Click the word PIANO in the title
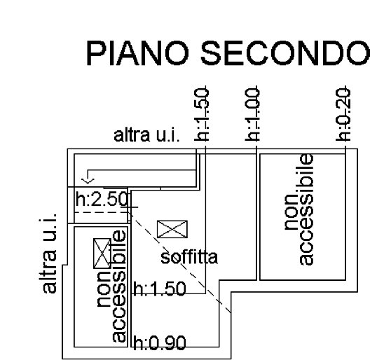pos(137,53)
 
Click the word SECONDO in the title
pos(285,53)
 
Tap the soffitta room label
pos(189,257)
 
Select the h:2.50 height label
pos(102,199)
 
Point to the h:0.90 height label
pos(160,342)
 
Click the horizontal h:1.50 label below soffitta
pos(160,289)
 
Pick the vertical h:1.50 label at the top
pos(202,114)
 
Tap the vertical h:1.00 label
pos(252,114)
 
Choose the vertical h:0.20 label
pos(343,114)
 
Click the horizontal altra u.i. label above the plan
pos(146,135)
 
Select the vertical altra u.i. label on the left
pos(48,253)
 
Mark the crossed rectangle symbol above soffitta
pos(172,229)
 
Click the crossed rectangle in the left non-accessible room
pos(102,254)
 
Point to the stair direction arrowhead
pos(88,181)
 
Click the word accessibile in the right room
pos(306,209)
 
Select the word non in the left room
pos(104,289)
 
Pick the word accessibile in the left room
pos(118,286)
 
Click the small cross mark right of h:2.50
pos(130,207)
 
